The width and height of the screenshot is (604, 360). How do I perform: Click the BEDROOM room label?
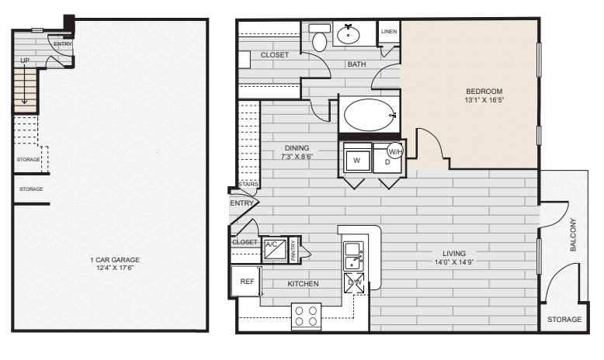click(484, 92)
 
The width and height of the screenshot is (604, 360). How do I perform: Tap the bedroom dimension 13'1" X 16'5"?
click(484, 100)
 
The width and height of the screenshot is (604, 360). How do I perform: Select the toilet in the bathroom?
click(320, 38)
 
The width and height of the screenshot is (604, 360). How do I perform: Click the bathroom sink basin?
click(349, 35)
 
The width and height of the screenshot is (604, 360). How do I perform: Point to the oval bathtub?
click(369, 115)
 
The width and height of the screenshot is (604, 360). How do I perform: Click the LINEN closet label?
click(389, 32)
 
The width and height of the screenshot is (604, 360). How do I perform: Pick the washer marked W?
click(357, 160)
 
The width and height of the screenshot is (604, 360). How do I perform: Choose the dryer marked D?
click(387, 160)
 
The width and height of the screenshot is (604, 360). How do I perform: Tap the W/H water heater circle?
click(396, 151)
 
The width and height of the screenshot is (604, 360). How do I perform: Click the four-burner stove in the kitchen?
click(306, 316)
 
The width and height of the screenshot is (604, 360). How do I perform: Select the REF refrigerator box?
click(247, 282)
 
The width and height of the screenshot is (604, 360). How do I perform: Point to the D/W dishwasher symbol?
click(354, 282)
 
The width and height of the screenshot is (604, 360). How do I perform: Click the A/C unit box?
click(275, 250)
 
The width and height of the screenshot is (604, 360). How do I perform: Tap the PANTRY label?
click(293, 251)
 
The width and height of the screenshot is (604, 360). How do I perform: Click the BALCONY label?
click(573, 235)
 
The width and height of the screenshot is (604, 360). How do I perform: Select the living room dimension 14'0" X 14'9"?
click(453, 262)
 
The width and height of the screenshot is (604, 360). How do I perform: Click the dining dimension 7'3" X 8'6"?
click(297, 156)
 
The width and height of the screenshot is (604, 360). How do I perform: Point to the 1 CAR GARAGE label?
click(115, 260)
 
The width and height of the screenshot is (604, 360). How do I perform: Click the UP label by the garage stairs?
click(25, 61)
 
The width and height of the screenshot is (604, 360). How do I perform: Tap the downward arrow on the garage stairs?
click(24, 84)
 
